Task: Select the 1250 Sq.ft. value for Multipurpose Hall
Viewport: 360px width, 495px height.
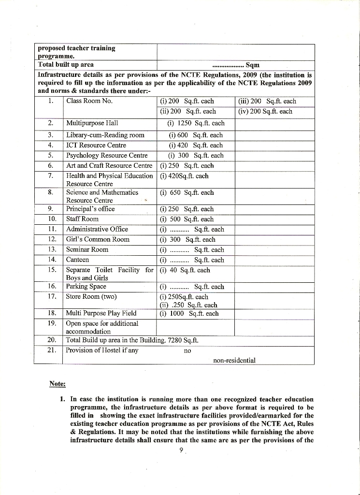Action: point(196,123)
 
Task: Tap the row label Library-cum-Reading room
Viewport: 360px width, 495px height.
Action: point(105,135)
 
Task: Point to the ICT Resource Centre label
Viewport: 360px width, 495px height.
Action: point(96,146)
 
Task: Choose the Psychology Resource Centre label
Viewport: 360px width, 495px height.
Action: point(107,156)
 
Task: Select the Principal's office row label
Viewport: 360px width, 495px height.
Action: point(90,209)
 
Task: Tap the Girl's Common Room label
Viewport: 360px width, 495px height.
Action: point(98,240)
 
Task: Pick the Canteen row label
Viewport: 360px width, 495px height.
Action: point(77,260)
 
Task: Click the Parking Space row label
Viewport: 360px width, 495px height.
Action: point(86,287)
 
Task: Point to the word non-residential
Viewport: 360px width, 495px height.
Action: point(234,360)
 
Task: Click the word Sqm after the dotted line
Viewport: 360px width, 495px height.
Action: point(253,64)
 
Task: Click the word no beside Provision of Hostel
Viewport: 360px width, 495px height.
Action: point(187,351)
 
